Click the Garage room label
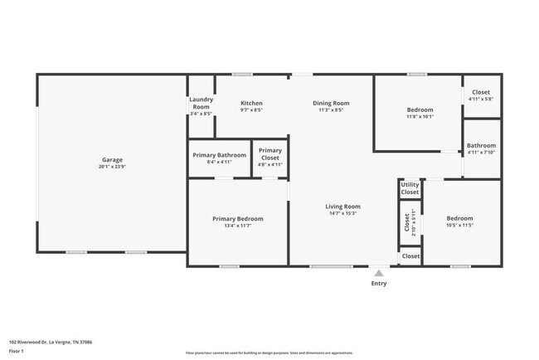click(x=112, y=159)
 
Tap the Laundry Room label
click(x=201, y=103)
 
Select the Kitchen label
click(x=251, y=103)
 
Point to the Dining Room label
click(x=330, y=103)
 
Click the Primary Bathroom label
click(x=219, y=155)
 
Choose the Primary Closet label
click(x=270, y=154)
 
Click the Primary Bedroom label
click(x=237, y=219)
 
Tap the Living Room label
click(x=342, y=207)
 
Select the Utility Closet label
click(x=410, y=188)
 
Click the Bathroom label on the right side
click(x=481, y=145)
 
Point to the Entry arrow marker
click(x=378, y=272)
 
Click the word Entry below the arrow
click(x=378, y=284)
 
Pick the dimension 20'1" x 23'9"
click(x=112, y=167)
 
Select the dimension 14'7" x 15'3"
click(x=342, y=213)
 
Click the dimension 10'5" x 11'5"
click(x=459, y=225)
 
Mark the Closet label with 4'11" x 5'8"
click(x=481, y=92)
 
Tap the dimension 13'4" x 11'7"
click(x=237, y=226)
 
